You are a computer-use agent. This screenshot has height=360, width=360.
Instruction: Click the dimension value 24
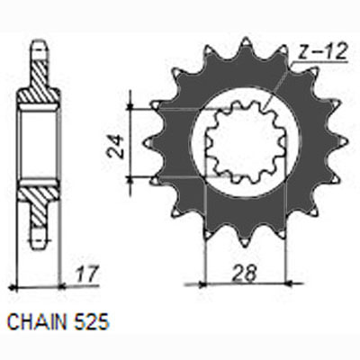[x=116, y=146]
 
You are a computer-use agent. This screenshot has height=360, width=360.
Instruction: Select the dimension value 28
[x=245, y=273]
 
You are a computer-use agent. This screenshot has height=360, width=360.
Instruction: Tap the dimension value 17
[x=87, y=274]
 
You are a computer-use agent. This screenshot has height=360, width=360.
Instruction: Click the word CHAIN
[x=37, y=322]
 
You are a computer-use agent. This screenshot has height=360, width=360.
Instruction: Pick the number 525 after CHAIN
[x=90, y=322]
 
